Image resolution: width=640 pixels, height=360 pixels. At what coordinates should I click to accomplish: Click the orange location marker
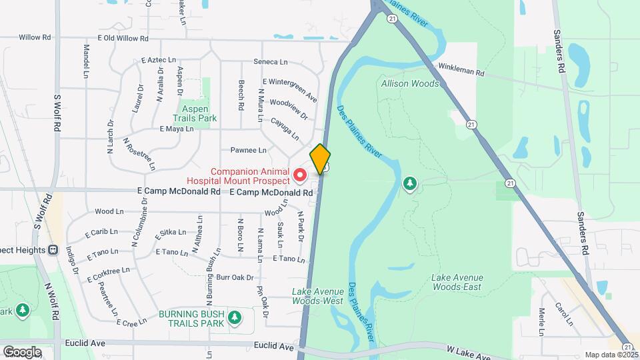(320, 159)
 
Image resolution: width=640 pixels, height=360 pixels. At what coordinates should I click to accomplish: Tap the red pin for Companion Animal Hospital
(300, 175)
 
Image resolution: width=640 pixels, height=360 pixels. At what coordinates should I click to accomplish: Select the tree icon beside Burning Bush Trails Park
(234, 317)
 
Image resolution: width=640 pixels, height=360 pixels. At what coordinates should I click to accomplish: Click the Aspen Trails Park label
(197, 113)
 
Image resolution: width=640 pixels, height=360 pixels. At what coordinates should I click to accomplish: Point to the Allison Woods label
(410, 84)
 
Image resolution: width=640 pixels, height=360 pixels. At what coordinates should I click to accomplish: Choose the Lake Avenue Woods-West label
(318, 295)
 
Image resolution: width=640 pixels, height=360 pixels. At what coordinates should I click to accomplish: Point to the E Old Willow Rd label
(121, 38)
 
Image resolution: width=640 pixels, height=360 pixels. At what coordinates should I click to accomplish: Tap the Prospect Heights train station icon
(53, 249)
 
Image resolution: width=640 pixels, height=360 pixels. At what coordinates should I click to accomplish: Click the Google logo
(22, 351)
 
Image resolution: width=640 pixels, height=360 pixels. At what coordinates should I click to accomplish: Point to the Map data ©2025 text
(610, 355)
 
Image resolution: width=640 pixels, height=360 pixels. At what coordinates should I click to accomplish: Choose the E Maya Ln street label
(176, 129)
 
